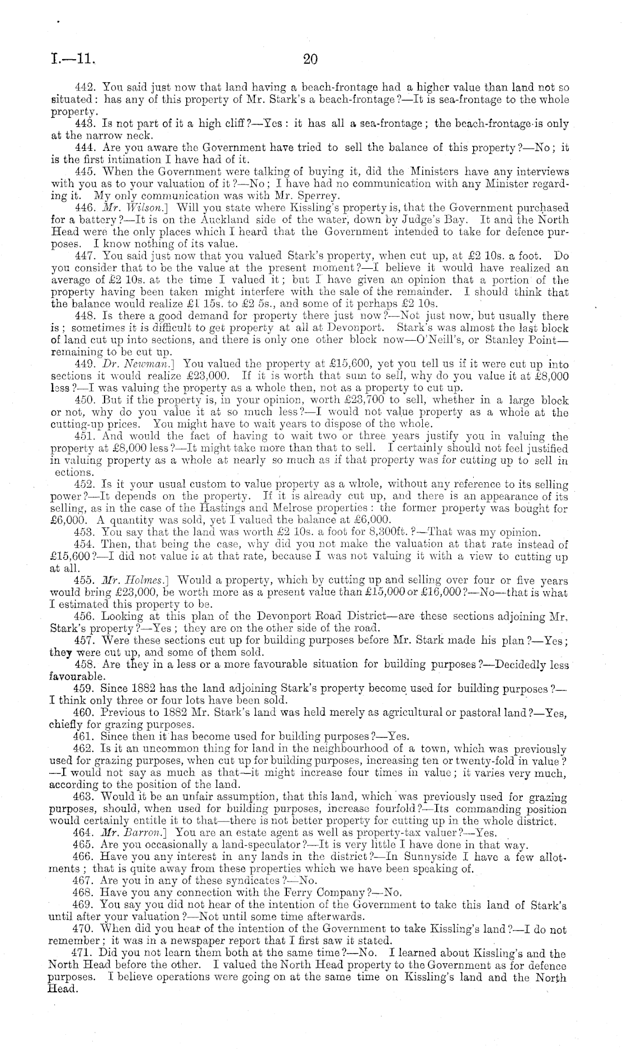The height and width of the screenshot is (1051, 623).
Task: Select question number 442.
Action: point(86,88)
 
